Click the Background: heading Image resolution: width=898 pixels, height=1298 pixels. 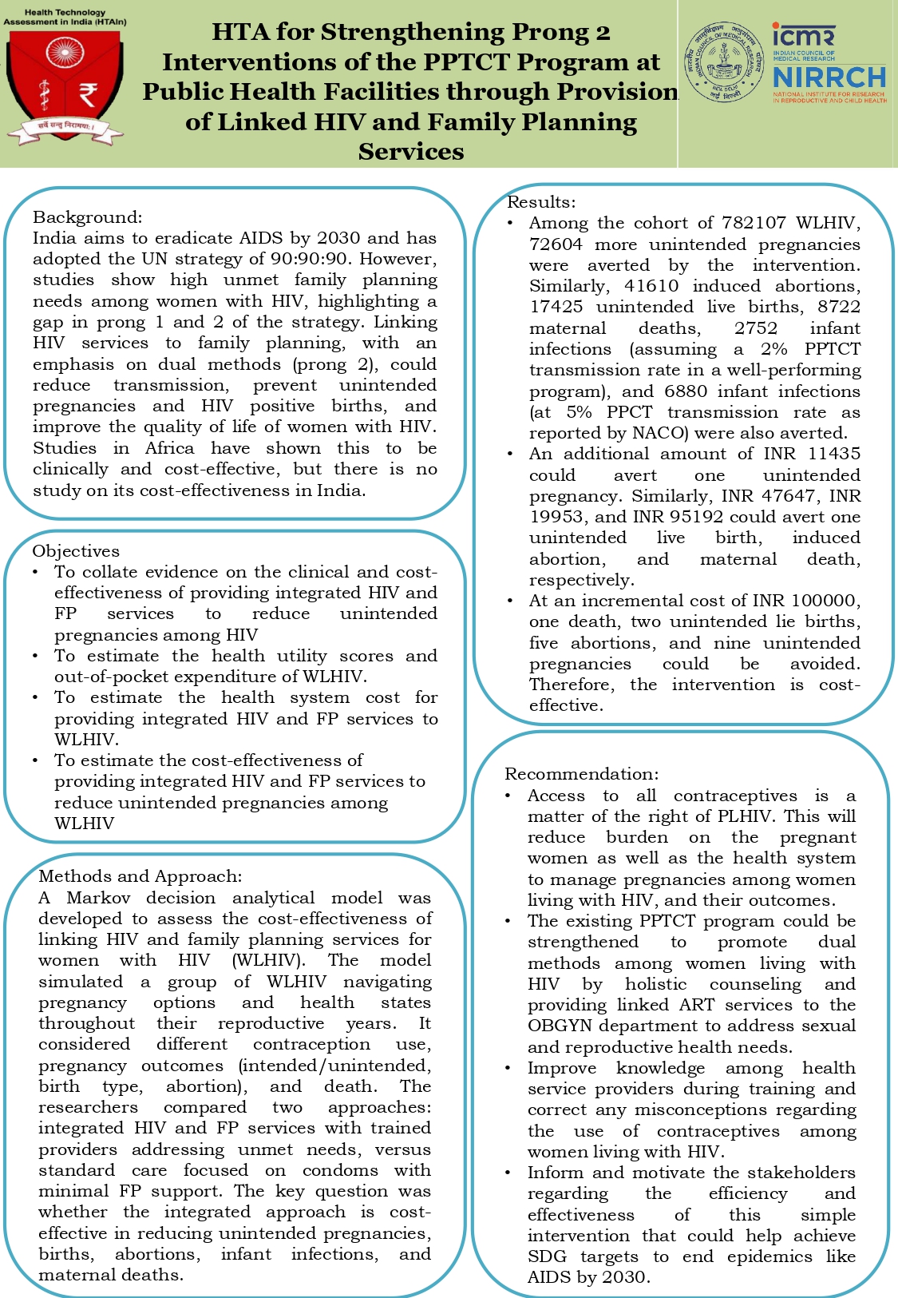[87, 217]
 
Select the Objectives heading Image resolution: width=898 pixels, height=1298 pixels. [76, 551]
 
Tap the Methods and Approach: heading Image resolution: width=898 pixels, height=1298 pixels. [140, 876]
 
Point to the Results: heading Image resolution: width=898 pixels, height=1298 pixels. [541, 202]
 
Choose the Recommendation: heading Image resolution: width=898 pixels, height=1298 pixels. [582, 774]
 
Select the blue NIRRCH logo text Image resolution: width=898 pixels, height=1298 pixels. [829, 77]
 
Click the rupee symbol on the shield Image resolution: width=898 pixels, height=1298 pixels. [87, 94]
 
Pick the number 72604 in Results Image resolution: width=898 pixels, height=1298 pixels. [556, 244]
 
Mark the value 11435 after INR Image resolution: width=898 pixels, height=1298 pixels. [833, 454]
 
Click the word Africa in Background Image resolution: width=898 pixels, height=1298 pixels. [169, 448]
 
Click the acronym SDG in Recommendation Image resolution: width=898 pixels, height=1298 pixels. [547, 1256]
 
